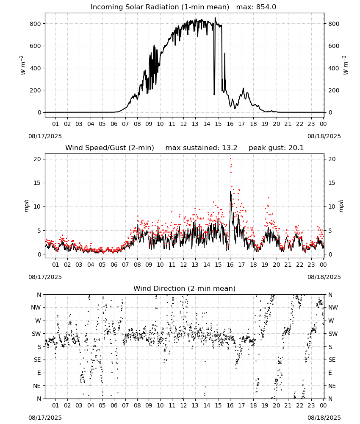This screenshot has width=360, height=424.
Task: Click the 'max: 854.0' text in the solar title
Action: (x=256, y=7)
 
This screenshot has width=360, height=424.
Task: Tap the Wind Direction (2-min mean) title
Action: (x=185, y=288)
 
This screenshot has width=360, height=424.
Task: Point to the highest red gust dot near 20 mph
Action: (x=230, y=159)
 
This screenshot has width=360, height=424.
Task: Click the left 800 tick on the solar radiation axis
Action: (x=36, y=24)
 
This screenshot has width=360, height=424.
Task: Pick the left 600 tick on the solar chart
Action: (x=36, y=46)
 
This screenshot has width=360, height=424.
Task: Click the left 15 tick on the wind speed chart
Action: (x=37, y=183)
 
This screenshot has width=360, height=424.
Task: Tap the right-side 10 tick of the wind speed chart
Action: (x=332, y=207)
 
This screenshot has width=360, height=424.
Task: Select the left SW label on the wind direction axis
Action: (x=36, y=334)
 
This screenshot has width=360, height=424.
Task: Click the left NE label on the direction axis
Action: (x=37, y=386)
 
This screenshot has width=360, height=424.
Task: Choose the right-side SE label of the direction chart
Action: (x=332, y=360)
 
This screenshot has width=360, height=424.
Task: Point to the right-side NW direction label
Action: (x=333, y=308)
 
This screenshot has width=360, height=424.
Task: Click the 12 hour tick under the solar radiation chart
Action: (x=183, y=124)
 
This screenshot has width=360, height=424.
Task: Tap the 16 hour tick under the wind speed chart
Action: (x=230, y=265)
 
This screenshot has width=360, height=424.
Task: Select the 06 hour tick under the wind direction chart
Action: (x=114, y=406)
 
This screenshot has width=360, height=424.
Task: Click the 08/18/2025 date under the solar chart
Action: (x=324, y=136)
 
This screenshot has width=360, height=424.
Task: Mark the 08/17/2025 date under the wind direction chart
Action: (x=45, y=418)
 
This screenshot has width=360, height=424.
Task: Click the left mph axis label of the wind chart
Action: (x=26, y=206)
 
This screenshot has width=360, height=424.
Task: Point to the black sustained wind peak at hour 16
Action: (x=230, y=192)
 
